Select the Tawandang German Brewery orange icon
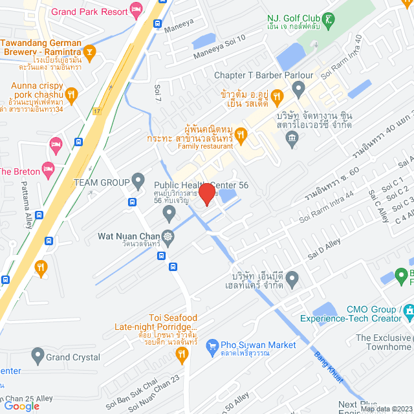coord(91,50)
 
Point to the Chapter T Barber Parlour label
coord(263,76)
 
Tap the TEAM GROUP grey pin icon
coord(137,179)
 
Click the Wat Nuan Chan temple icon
coord(168,236)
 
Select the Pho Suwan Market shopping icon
coord(212,347)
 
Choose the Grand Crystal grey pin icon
coord(38,354)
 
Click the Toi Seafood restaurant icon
coord(182,353)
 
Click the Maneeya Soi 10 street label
coord(223,46)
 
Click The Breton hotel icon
coord(47,169)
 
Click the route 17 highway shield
coord(96,111)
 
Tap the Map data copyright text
coord(386,408)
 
